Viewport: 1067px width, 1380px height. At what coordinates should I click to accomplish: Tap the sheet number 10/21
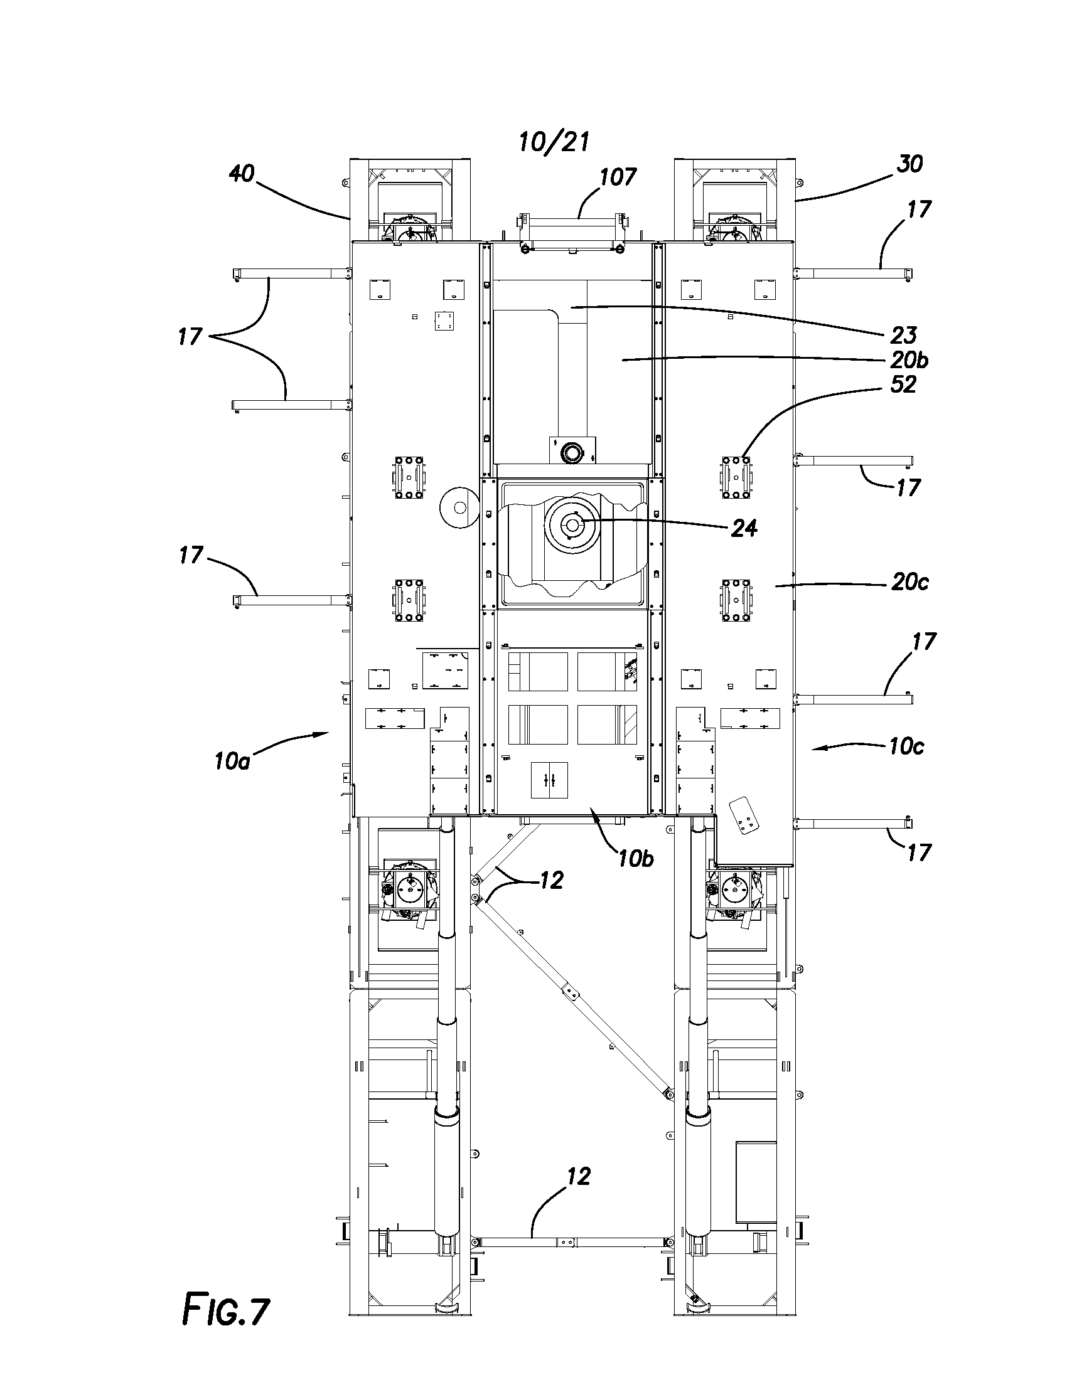[x=554, y=142]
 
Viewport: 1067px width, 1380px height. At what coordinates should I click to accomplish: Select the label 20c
[x=909, y=581]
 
